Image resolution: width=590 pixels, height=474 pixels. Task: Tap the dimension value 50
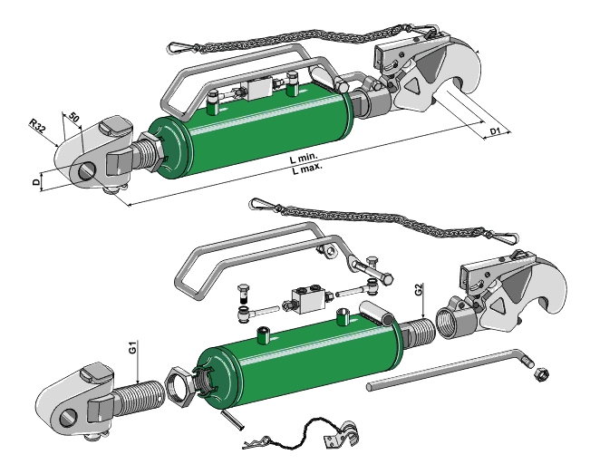[74, 119]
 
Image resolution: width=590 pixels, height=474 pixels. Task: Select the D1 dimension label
[496, 132]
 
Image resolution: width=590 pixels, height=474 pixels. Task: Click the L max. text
[306, 169]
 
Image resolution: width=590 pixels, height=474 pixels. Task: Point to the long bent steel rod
[444, 372]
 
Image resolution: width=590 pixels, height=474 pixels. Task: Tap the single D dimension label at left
[35, 182]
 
